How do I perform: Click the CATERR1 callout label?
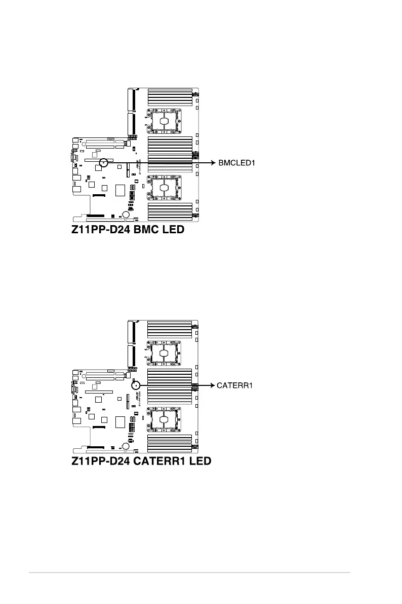click(234, 385)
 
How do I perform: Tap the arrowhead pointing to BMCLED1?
click(213, 163)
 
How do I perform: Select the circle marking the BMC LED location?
click(104, 163)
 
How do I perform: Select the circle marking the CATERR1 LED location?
click(136, 385)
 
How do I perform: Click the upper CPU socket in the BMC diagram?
click(164, 122)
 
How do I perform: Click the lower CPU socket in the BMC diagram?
click(164, 188)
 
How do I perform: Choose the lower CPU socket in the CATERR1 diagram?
click(164, 419)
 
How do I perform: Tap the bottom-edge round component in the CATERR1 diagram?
click(125, 446)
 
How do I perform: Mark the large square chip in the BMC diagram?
click(120, 191)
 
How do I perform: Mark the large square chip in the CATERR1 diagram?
click(120, 422)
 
